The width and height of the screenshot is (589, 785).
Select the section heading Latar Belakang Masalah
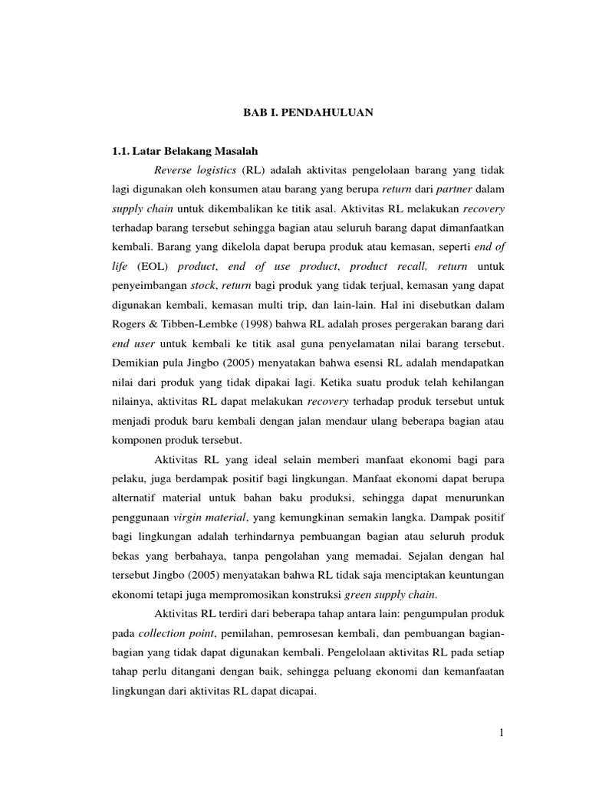tap(202, 152)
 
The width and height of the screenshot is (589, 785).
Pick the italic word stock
tap(202, 288)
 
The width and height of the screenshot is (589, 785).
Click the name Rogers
tap(130, 308)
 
